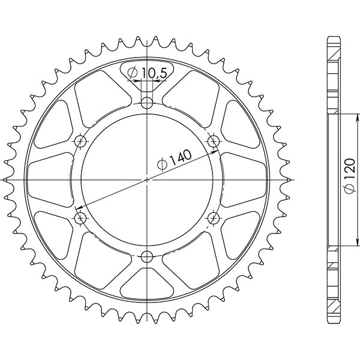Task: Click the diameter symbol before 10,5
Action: (134, 73)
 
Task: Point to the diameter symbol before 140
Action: (163, 164)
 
